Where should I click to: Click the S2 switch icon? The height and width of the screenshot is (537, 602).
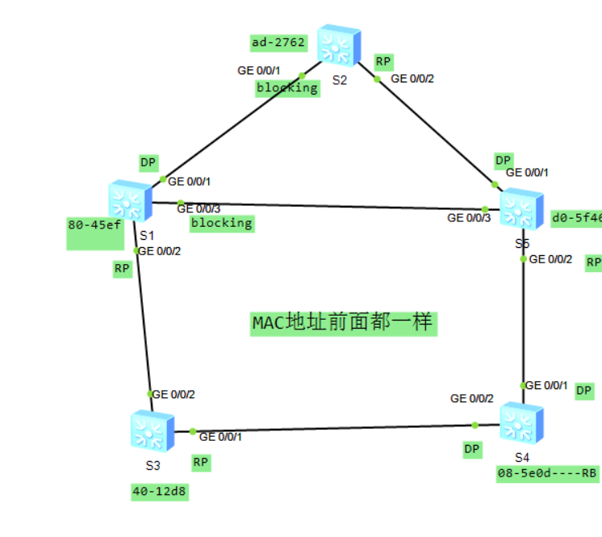click(337, 45)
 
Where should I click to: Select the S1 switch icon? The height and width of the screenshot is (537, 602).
click(130, 201)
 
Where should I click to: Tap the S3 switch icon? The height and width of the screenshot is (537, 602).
click(152, 430)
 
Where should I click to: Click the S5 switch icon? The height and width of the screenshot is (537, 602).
click(521, 208)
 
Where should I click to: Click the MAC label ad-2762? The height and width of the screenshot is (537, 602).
click(278, 41)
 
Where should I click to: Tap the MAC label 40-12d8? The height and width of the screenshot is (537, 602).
click(161, 491)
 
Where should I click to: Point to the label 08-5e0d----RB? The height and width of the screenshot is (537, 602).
click(547, 473)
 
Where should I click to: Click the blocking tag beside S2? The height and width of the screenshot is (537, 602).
click(287, 87)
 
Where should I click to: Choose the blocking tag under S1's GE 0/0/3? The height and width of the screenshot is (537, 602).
click(221, 223)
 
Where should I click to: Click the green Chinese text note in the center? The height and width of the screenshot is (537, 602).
click(343, 323)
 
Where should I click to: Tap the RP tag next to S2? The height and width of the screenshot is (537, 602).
click(383, 61)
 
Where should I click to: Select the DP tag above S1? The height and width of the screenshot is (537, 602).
click(148, 162)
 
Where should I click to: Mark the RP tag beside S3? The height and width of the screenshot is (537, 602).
click(201, 463)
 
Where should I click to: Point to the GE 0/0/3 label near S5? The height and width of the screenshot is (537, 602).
click(469, 217)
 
